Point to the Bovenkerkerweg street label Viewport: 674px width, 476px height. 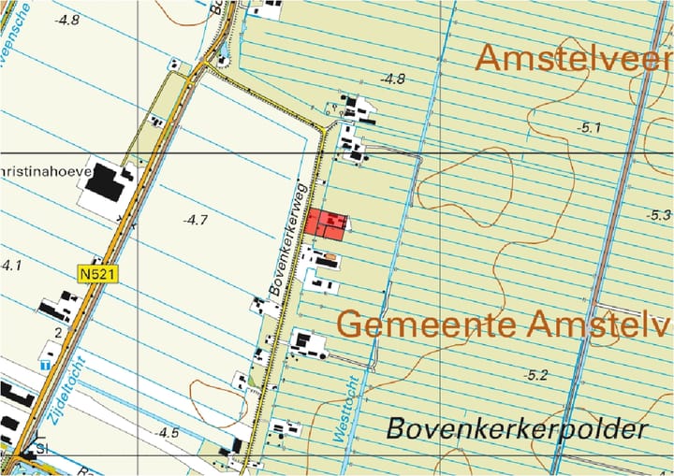(x=289, y=238)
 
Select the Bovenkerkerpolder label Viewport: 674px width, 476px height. (x=517, y=430)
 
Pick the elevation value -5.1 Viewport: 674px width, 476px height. (x=590, y=127)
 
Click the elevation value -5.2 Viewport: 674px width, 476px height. (x=535, y=375)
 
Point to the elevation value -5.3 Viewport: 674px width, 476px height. (x=659, y=215)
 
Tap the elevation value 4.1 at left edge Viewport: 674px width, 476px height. (x=10, y=266)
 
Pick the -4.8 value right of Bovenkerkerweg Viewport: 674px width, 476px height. (x=392, y=79)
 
